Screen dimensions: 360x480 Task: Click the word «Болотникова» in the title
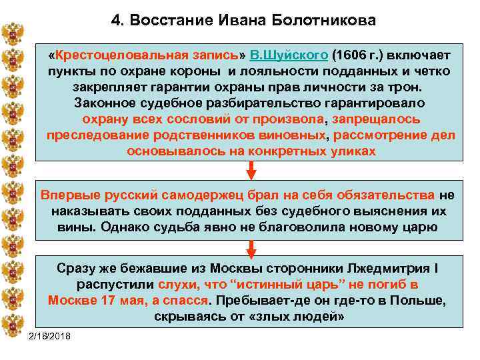coord(324,20)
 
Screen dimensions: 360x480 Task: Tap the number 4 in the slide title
coord(115,20)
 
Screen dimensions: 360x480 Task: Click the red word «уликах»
coord(346,151)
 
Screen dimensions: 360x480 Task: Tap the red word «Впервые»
coord(69,195)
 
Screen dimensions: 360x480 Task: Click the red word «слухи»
coord(196,285)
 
